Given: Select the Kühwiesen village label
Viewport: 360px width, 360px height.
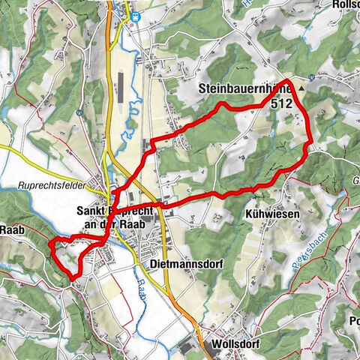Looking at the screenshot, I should tap(272, 214).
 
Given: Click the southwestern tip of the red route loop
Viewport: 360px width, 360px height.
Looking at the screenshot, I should tap(73, 278).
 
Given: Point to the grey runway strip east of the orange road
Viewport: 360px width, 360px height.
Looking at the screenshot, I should tap(121, 87).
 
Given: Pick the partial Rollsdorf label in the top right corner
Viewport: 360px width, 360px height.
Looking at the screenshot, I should tap(345, 4).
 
